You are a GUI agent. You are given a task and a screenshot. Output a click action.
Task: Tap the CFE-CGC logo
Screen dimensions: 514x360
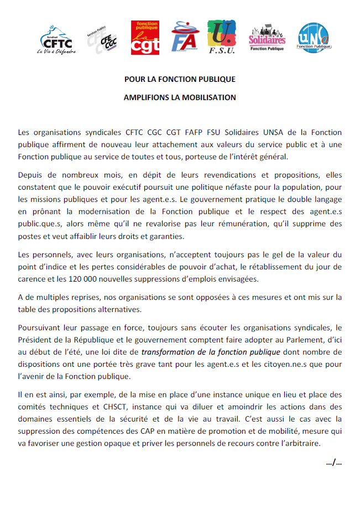102,40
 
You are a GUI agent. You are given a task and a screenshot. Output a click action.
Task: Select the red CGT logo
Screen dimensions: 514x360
145,38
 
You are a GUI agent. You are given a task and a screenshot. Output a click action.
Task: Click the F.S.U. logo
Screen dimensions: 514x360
222,38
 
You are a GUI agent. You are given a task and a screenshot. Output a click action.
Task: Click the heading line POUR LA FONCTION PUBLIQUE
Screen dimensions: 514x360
180,79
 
